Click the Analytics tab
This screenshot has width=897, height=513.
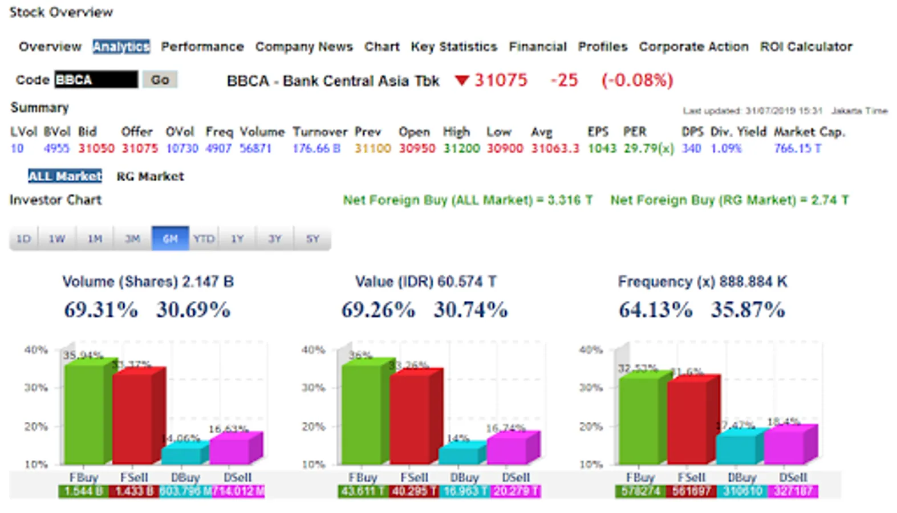[x=121, y=47]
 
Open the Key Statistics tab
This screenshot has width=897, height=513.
[x=454, y=47]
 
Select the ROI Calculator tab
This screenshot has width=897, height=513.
[x=806, y=47]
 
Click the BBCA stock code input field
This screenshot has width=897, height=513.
[x=96, y=80]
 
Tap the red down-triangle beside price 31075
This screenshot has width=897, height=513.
[x=461, y=80]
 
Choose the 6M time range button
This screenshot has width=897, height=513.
[x=170, y=238]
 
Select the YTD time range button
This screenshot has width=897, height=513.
[x=204, y=238]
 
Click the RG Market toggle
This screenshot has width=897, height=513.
[x=150, y=177]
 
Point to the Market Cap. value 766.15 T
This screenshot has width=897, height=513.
[x=797, y=149]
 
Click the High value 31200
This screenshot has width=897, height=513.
[x=461, y=149]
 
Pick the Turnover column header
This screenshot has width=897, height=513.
[x=319, y=132]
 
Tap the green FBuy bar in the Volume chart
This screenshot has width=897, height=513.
[x=84, y=413]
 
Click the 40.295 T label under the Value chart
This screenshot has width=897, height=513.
[x=414, y=491]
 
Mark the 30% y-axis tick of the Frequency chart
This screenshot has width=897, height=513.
[x=591, y=388]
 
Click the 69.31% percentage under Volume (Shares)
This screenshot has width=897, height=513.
[x=101, y=310]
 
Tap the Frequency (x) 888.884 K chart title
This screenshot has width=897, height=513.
[x=702, y=282]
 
